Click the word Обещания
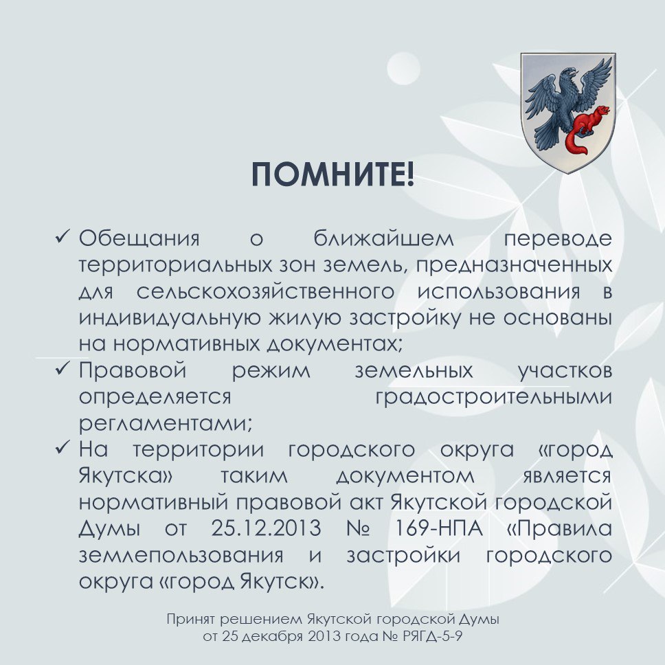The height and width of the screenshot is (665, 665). [x=139, y=239]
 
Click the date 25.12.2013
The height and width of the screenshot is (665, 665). [x=258, y=530]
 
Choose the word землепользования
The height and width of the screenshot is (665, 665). [x=187, y=556]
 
